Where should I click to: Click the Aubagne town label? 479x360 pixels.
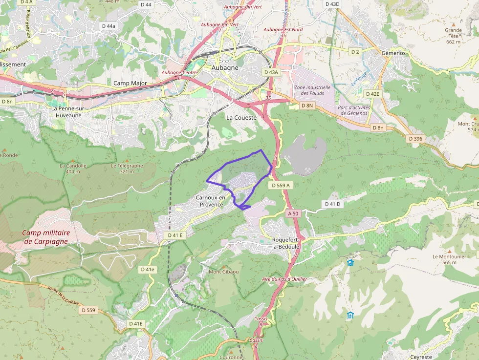pos(225,68)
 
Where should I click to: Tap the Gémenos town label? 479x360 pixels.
pos(392,52)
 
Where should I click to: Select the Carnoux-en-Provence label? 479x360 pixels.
pos(211,201)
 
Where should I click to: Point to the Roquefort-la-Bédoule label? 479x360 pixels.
pos(286,243)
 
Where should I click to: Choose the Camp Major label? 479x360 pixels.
pos(130,83)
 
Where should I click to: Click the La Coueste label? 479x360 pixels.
pos(241,118)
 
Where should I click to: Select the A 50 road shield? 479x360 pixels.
pos(293,213)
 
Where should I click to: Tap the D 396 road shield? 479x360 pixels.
pos(415,139)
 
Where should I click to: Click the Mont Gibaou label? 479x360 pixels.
pos(224,272)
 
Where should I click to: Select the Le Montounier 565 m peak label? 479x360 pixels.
pos(448,259)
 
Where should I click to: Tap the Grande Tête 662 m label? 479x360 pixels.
pos(453,36)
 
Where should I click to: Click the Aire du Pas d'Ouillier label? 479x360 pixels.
pos(284,278)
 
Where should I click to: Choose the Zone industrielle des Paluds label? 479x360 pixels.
pos(312,90)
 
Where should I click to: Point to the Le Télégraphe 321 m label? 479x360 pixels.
pos(127,168)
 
